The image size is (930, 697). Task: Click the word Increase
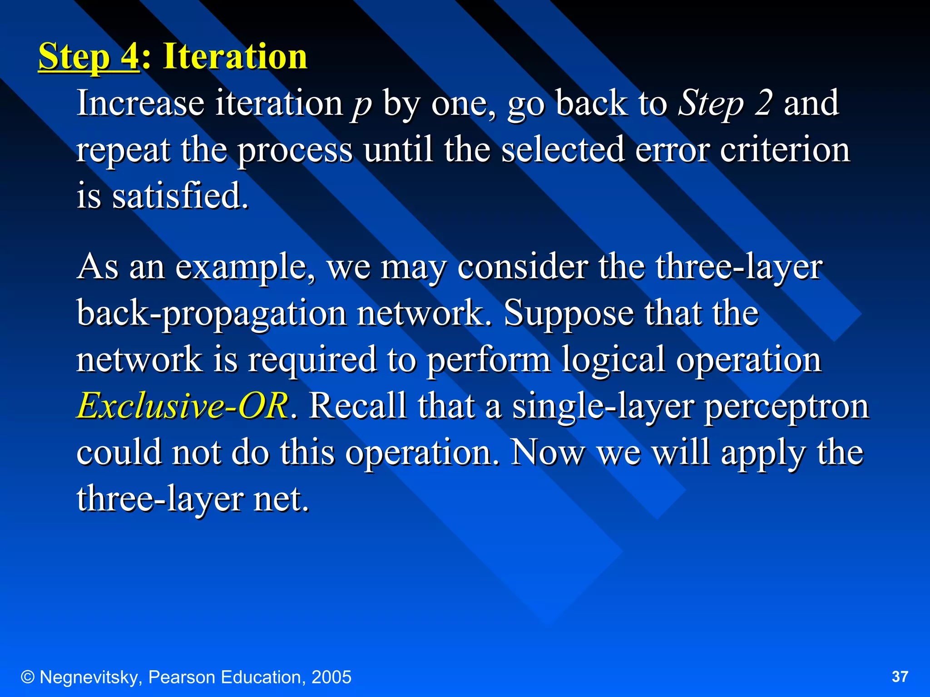140,103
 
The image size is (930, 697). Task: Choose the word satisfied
180,196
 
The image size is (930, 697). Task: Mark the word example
245,268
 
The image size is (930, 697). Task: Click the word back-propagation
212,314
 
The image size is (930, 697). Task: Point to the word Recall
358,406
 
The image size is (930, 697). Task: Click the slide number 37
900,677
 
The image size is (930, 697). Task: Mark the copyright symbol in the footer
28,677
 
